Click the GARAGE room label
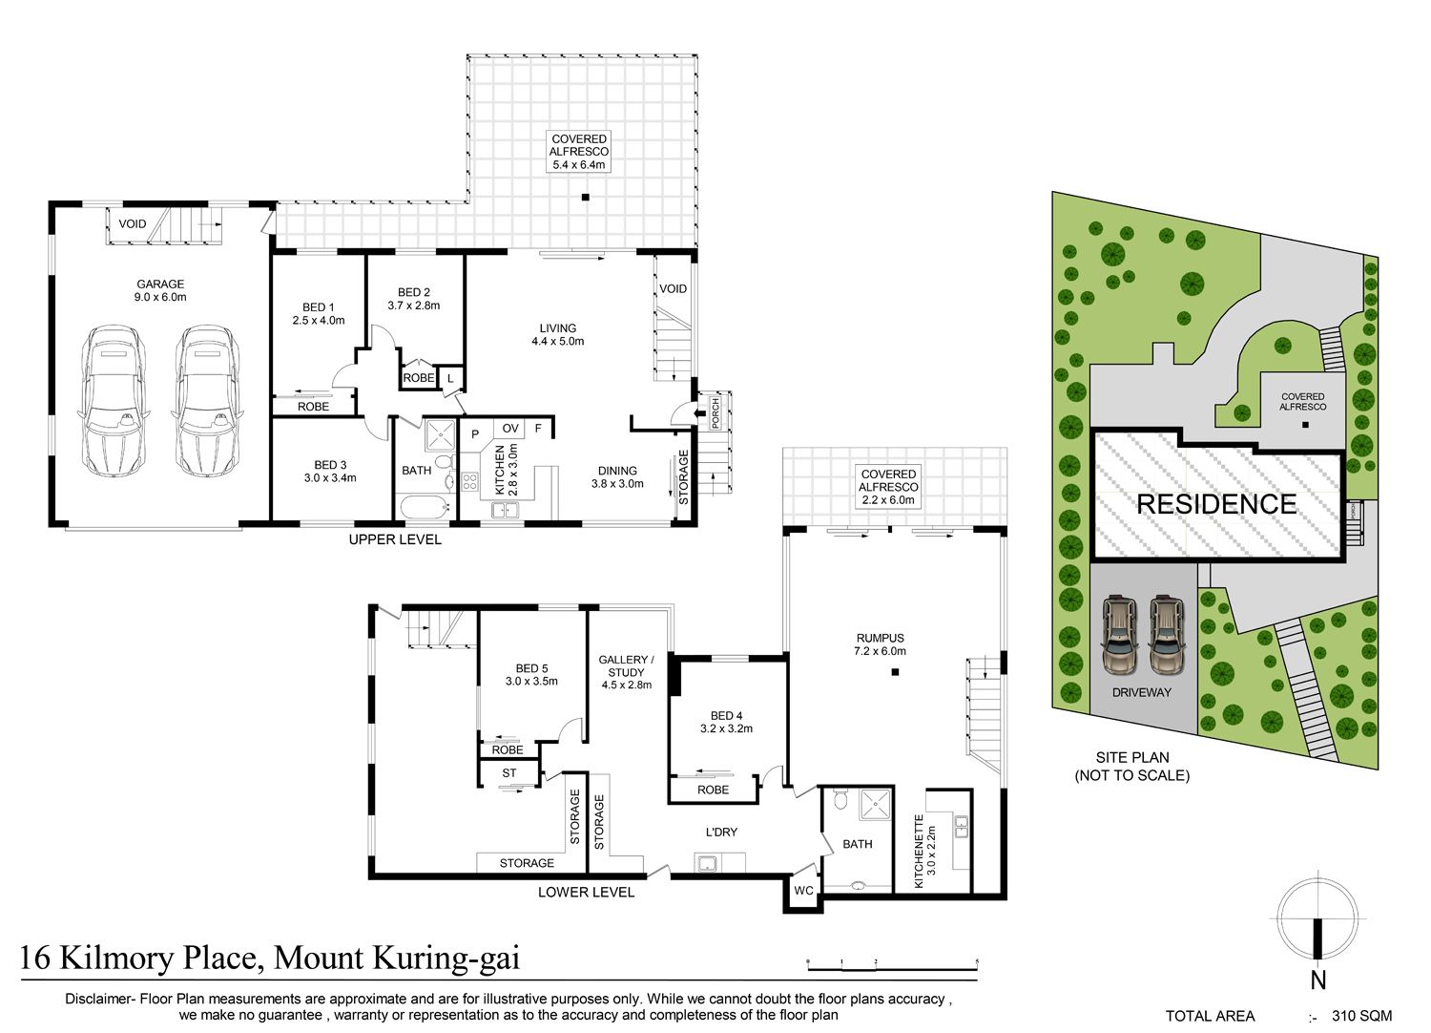[160, 284]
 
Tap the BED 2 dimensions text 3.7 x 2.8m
[414, 306]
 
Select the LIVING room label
[558, 327]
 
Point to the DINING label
[617, 471]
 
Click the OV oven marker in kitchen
[510, 429]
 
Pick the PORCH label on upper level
[715, 413]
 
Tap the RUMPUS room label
[881, 638]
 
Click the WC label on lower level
[803, 891]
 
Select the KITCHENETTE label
[919, 851]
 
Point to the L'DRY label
[721, 832]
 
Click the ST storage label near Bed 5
[509, 772]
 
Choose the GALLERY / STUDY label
[626, 665]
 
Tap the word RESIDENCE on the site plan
[1216, 504]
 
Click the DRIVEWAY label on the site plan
[1142, 692]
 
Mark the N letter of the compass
[1317, 980]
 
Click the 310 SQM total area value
[1362, 1016]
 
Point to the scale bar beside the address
[892, 966]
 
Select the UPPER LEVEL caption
[395, 539]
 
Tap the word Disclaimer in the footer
[97, 999]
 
